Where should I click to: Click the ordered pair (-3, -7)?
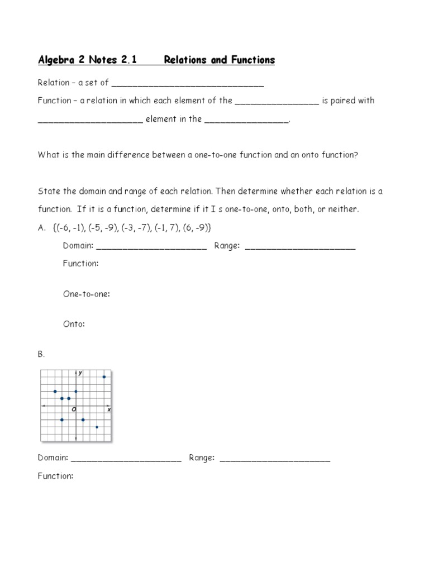click(x=134, y=227)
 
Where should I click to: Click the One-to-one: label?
click(x=86, y=294)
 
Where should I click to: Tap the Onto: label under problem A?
click(x=74, y=324)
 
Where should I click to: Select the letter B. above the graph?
click(x=41, y=354)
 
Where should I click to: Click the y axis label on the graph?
click(x=80, y=373)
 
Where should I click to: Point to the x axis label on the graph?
click(x=108, y=410)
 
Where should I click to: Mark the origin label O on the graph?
click(x=73, y=410)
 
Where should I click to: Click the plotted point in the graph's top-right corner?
click(x=104, y=377)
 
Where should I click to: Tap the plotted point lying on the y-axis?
click(x=76, y=392)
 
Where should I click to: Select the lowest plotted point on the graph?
click(x=97, y=427)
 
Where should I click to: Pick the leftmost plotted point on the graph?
click(x=55, y=392)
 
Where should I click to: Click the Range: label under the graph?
click(x=202, y=458)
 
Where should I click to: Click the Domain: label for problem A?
click(x=79, y=246)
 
